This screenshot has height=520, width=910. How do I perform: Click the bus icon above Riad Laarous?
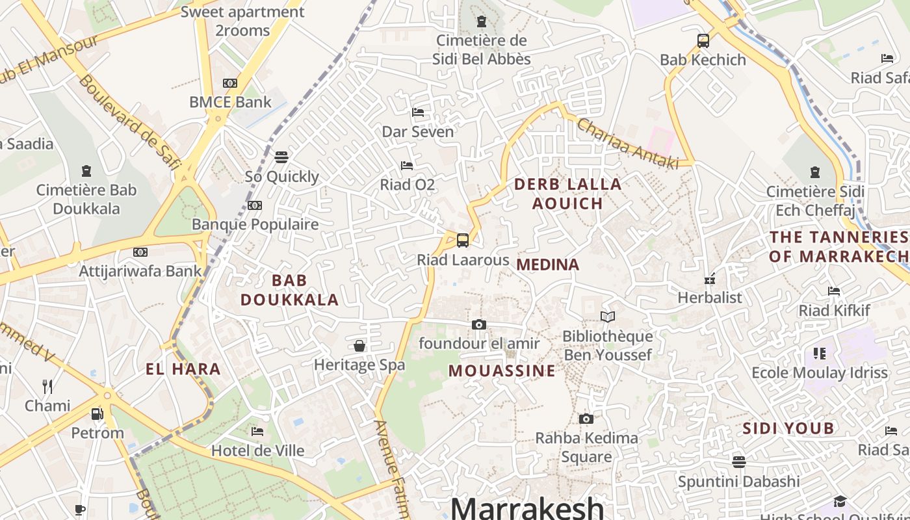462,240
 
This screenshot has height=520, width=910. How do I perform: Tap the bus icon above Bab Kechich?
703,41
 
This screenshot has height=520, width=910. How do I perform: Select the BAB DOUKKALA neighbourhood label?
290,290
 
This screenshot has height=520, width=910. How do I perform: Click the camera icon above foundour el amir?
479,324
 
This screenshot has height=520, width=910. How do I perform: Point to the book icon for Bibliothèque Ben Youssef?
608,317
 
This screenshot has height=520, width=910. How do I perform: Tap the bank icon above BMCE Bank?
230,83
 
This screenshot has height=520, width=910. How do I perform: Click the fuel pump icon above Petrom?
97,413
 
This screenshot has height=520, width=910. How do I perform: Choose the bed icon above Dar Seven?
418,112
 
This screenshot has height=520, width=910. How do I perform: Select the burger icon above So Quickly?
281,157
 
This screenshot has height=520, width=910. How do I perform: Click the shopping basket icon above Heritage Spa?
359,346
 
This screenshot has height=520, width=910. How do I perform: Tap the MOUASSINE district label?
502,370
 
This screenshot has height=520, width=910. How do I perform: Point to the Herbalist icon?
710,279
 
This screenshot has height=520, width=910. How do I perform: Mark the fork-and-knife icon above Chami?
47,387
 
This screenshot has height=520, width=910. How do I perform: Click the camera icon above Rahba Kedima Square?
586,419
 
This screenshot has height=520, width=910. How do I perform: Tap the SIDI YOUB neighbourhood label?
788,428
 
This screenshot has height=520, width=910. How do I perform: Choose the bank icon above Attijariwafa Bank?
140,252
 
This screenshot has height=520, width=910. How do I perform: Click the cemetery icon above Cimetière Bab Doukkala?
86,171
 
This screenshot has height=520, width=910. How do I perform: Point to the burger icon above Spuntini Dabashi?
738,462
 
